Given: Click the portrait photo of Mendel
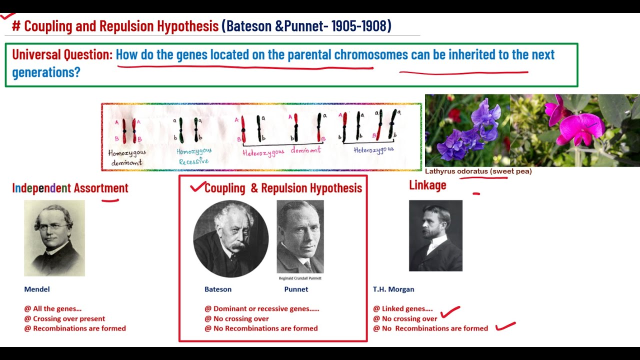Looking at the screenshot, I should [54, 238].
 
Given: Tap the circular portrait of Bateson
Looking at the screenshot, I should [230, 238].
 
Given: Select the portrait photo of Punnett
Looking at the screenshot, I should [300, 236].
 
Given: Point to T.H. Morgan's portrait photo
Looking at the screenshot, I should [435, 235].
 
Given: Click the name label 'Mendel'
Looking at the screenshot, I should [37, 289].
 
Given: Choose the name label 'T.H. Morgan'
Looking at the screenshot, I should [393, 289].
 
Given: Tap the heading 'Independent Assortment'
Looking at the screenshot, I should [70, 188].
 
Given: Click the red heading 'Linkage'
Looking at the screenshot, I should [427, 185].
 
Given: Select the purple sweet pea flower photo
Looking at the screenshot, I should [467, 130].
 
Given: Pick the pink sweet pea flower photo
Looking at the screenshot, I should [574, 130].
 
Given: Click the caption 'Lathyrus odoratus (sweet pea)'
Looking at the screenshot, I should [478, 171].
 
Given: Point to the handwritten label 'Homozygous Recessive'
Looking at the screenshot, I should [194, 155].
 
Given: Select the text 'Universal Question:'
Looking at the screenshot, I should [62, 54].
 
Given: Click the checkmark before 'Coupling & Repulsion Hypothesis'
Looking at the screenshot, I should [197, 187].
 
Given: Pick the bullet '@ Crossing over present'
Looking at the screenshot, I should [64, 318].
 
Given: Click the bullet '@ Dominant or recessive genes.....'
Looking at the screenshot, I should [261, 308].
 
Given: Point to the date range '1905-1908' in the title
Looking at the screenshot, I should [360, 26].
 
